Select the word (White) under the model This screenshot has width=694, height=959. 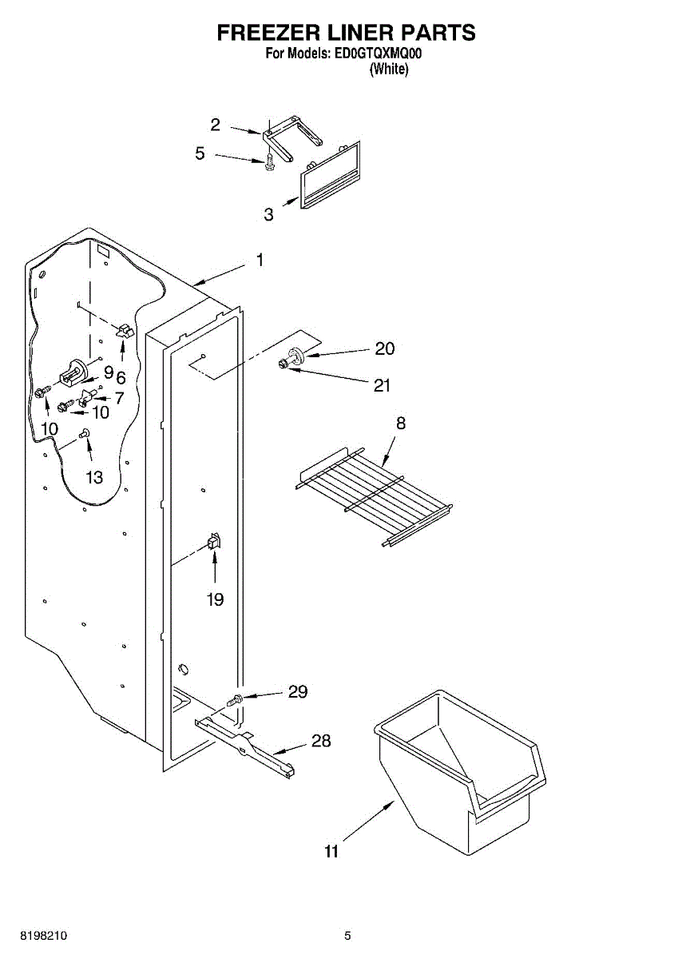[x=389, y=70]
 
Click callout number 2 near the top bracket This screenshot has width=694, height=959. [x=216, y=125]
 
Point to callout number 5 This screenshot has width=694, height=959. [x=200, y=153]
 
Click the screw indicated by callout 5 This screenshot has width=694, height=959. [x=269, y=163]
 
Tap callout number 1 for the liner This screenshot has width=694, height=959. [x=260, y=261]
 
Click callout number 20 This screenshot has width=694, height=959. [x=384, y=349]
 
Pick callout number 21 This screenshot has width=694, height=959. [x=383, y=385]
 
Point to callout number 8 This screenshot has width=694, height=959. [x=400, y=424]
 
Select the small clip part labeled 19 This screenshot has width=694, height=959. [x=213, y=543]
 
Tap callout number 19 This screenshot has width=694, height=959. [x=215, y=599]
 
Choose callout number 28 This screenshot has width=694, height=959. [x=320, y=741]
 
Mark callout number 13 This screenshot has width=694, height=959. [x=94, y=477]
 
